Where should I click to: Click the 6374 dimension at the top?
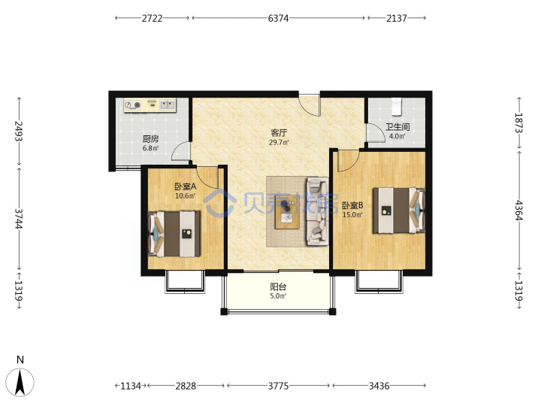coord(278,18)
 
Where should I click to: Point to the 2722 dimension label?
coord(152,18)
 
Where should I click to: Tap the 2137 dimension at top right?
coord(397,18)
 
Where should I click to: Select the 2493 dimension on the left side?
coord(19,131)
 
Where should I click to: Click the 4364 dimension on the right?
coord(519,210)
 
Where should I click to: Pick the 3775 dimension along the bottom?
coord(278,386)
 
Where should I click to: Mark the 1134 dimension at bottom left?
coord(131,386)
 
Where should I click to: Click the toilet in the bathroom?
coord(397,106)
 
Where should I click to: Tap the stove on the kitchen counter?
coord(133,105)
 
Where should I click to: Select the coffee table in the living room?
coord(287,211)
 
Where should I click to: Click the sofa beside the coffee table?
coord(317,211)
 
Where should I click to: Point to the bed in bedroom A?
coord(174,234)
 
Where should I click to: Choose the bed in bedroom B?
coord(398,210)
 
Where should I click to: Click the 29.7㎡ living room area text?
coord(279,142)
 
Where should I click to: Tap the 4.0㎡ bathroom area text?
coord(397,136)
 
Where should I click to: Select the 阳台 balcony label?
coord(278,287)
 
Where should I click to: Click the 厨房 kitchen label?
coord(150,139)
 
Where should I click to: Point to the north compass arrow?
coord(20,382)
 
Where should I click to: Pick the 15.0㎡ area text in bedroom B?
coord(352,215)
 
